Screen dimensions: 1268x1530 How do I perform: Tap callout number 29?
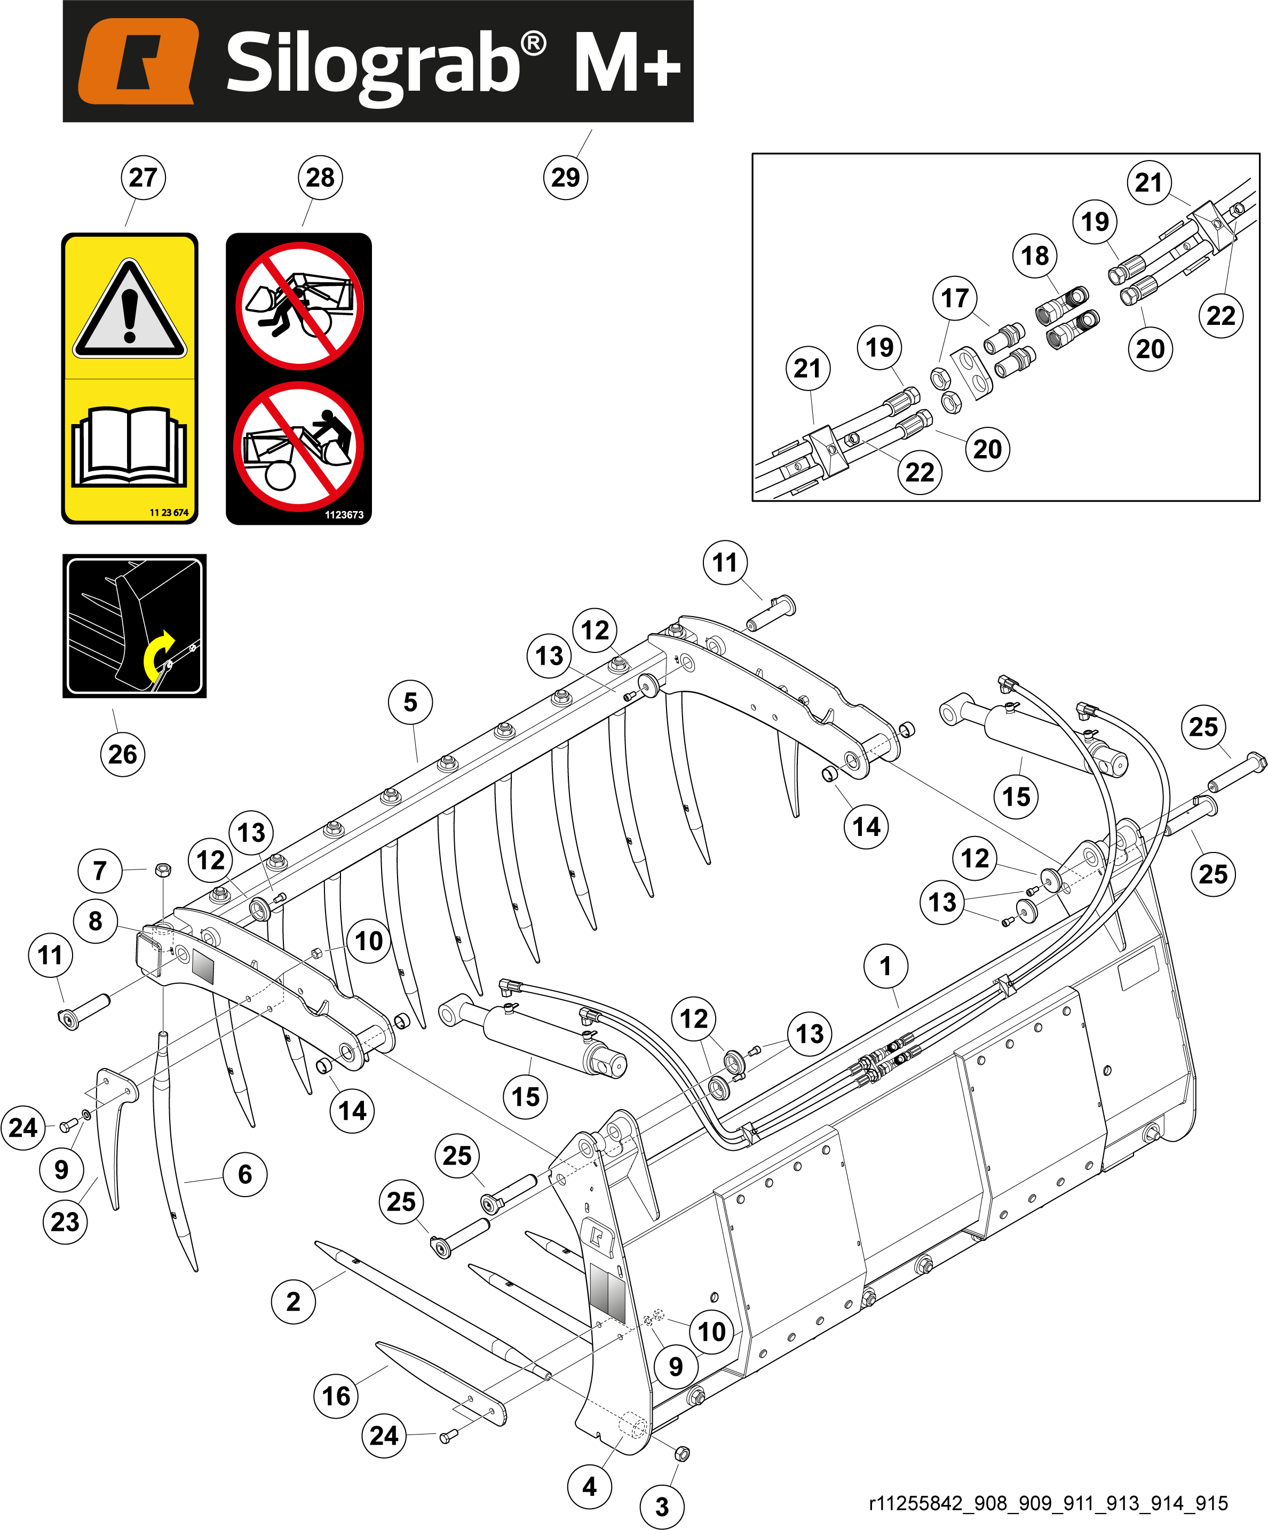pyautogui.click(x=566, y=177)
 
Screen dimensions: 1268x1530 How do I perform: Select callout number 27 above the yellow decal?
pyautogui.click(x=143, y=177)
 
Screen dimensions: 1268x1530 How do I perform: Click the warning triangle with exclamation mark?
pyautogui.click(x=130, y=309)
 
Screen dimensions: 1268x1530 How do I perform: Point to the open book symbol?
pyautogui.click(x=129, y=446)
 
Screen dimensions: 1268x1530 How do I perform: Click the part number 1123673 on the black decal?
pyautogui.click(x=344, y=514)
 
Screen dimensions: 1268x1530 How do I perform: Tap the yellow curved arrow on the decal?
pyautogui.click(x=158, y=654)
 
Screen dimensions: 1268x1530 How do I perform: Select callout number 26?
pyautogui.click(x=122, y=754)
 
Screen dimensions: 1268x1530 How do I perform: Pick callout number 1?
pyautogui.click(x=885, y=966)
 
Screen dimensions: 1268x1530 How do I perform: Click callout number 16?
pyautogui.click(x=336, y=1396)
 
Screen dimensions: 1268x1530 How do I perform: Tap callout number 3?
pyautogui.click(x=662, y=1507)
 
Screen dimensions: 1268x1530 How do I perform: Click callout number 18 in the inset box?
pyautogui.click(x=1035, y=256)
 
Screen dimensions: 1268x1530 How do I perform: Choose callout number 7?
pyautogui.click(x=100, y=871)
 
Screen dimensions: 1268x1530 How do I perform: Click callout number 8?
pyautogui.click(x=96, y=921)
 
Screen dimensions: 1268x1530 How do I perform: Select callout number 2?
pyautogui.click(x=293, y=1301)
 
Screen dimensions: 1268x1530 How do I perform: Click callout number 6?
pyautogui.click(x=245, y=1174)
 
